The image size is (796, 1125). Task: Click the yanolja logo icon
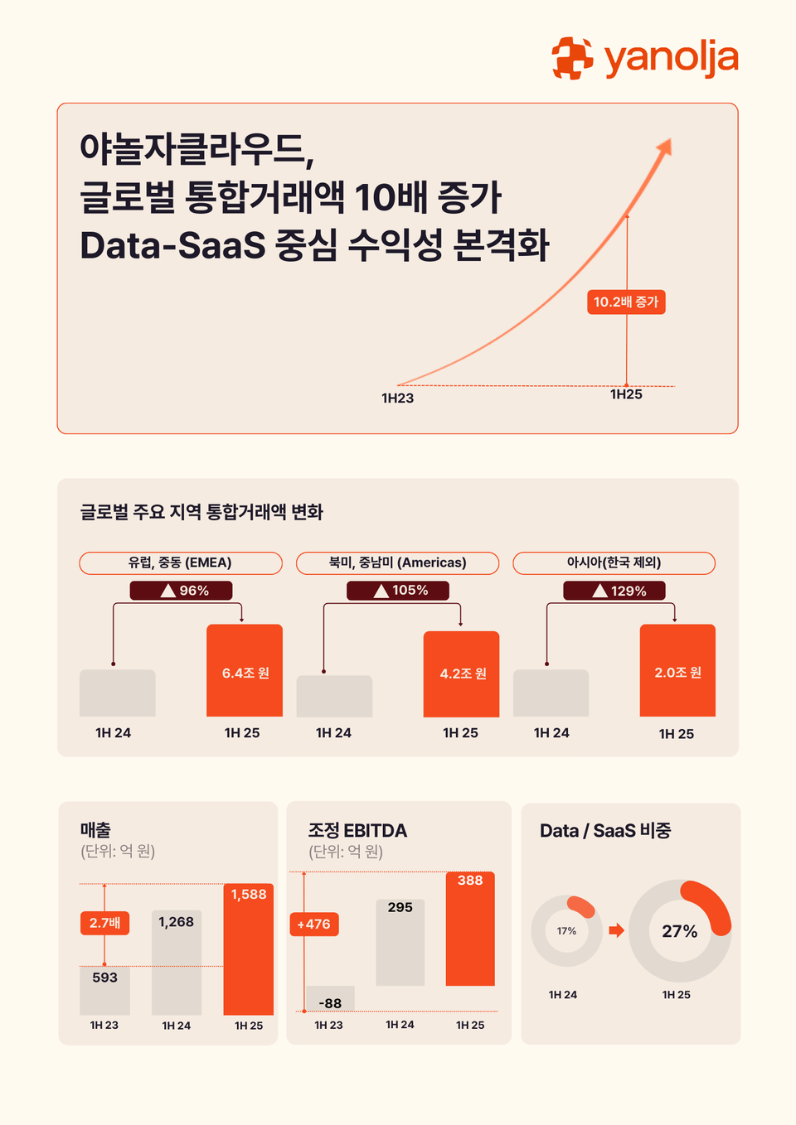coord(573,59)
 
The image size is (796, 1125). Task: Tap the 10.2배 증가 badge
coord(626,302)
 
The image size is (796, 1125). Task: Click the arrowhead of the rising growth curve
coord(664,147)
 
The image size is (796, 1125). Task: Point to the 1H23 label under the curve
coord(397,398)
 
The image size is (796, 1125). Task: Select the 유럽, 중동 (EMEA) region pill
coord(181,562)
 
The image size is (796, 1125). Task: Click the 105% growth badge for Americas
coord(398,591)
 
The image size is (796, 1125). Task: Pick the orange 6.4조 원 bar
coord(245,670)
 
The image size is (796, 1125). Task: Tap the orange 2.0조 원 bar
coord(677,670)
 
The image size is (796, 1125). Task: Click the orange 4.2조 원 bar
coord(461,674)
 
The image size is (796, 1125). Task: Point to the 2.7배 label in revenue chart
coord(104,923)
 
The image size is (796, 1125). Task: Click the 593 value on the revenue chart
coord(104,978)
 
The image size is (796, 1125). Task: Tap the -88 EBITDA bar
coord(330,999)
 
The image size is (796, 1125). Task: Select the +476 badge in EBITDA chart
coord(314,925)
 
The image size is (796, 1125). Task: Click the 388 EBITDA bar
coord(470,928)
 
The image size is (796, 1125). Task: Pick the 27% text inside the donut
coord(679,931)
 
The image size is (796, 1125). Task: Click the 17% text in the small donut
coord(566,931)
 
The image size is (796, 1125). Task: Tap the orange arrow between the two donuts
coord(616,930)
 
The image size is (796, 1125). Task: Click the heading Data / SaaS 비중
coord(605,831)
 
